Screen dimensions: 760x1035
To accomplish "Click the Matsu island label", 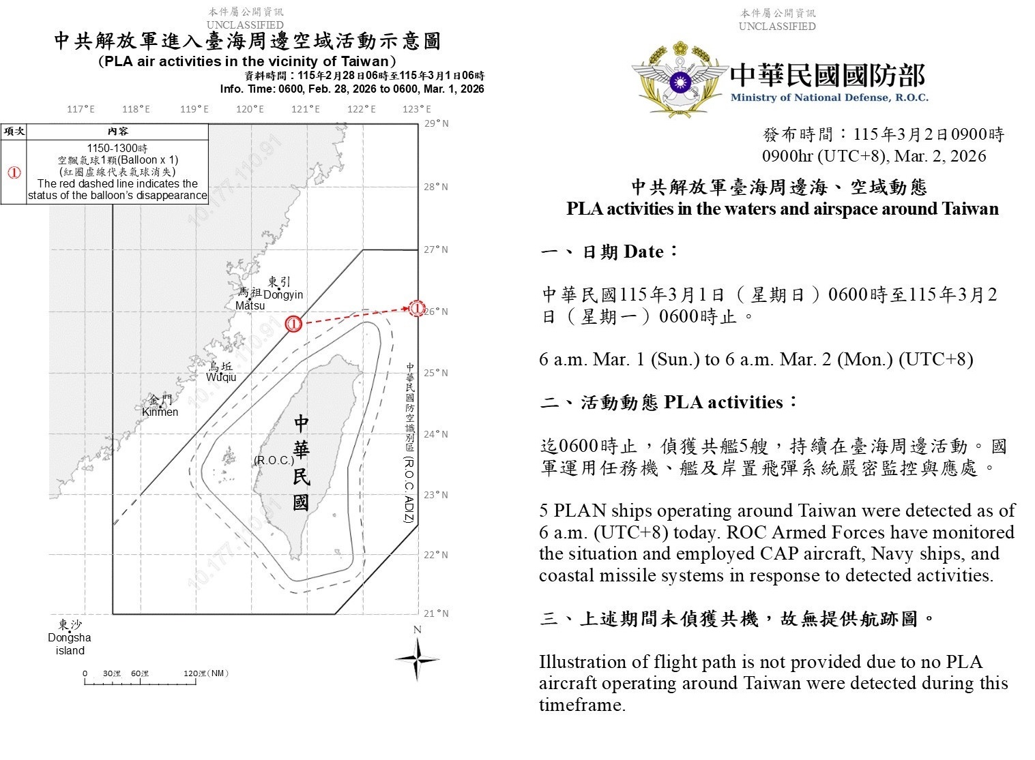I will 250,305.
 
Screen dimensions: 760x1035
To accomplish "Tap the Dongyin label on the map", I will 283,294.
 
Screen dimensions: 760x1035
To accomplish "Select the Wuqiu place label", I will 221,377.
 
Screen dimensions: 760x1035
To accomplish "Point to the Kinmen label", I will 160,412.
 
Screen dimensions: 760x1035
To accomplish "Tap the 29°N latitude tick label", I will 437,123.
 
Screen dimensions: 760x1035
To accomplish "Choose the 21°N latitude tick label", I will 437,613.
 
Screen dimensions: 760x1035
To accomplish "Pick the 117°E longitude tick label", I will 81,109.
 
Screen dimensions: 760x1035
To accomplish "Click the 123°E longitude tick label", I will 417,109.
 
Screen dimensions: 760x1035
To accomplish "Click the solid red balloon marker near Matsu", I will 293,324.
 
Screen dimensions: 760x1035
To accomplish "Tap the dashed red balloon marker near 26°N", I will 417,308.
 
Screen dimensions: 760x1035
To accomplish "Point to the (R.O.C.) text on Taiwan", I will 274,461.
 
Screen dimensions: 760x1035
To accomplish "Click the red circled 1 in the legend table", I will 14,172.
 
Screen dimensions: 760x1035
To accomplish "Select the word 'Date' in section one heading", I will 643,252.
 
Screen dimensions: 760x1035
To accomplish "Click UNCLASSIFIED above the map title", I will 245,25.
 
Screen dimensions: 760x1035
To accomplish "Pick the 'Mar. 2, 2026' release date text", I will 940,156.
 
